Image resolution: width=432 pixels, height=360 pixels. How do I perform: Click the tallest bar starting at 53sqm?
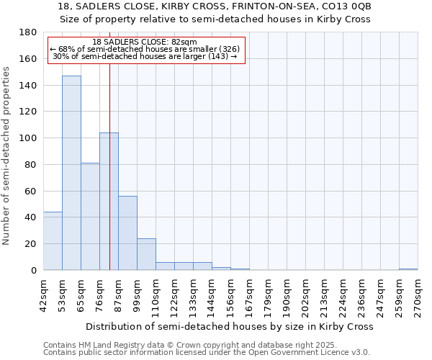point(71,173)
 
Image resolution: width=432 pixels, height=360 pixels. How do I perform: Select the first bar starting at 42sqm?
point(53,240)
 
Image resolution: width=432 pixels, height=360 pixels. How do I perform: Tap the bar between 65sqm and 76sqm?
point(90,216)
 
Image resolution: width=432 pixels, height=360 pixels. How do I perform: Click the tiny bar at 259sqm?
point(408,269)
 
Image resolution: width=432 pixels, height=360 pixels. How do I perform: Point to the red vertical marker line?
point(109,180)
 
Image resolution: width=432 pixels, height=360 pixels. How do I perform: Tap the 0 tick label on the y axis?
point(32,271)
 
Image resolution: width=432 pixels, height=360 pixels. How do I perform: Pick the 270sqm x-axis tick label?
point(418,295)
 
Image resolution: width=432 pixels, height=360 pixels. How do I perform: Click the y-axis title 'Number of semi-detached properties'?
point(7,155)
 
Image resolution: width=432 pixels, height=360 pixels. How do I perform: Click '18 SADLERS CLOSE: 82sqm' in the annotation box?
point(145,42)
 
